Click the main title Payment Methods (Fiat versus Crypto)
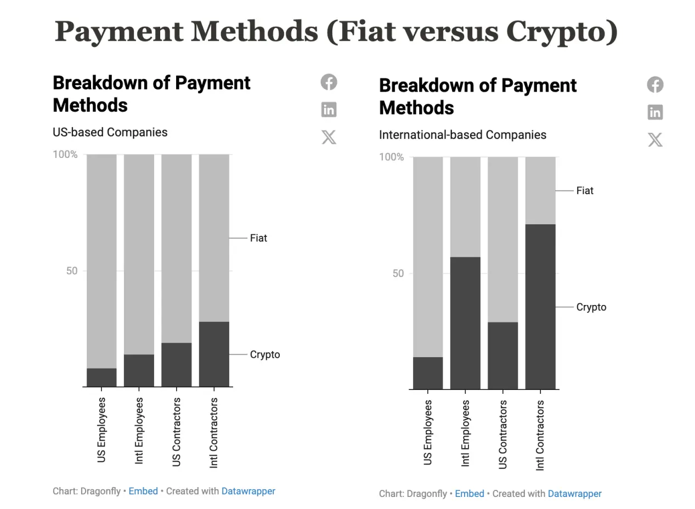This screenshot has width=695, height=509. pos(336,31)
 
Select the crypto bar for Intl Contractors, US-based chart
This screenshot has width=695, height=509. pos(214,354)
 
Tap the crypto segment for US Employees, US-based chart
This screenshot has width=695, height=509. pos(101,377)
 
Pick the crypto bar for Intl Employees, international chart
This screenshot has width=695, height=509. pos(465,323)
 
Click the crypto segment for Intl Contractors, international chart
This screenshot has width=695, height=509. pos(540,307)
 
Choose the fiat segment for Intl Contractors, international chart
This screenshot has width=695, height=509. pos(540,190)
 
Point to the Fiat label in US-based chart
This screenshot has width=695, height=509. pos(258,238)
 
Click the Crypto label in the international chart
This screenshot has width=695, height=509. pos(591,307)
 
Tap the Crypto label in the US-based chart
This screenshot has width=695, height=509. pos(265,354)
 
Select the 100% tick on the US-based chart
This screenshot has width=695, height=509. pos(65,155)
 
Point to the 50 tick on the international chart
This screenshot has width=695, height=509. pos(398,273)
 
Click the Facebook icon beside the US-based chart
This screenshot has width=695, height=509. pos(329,82)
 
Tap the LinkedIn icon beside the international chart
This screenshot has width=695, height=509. pos(655,112)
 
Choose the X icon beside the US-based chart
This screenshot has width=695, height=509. pos(329,137)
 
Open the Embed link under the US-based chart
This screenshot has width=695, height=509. pos(143,491)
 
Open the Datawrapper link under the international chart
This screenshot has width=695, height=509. pos(574,494)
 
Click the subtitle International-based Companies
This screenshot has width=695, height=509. pos(462,135)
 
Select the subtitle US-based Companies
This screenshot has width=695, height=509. pos(110,132)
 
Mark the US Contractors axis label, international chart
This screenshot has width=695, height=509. pos(503,434)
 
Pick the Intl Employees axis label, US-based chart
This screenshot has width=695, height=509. pos(139,431)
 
